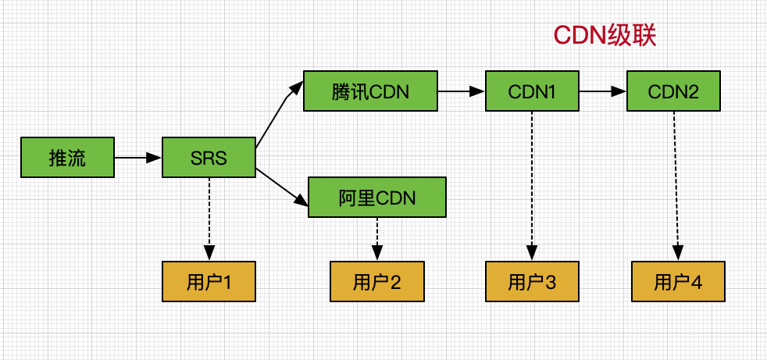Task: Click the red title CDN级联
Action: click(x=605, y=35)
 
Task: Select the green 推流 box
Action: click(x=67, y=157)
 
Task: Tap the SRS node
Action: click(x=209, y=157)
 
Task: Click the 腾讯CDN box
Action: click(x=370, y=91)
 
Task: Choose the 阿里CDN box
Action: click(x=377, y=197)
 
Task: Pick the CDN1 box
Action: click(x=532, y=91)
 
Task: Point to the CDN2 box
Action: click(x=673, y=91)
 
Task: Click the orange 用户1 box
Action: click(x=209, y=281)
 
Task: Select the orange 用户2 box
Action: click(x=377, y=281)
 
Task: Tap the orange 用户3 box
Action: click(x=532, y=281)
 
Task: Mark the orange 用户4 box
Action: click(x=678, y=281)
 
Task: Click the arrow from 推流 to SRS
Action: click(x=138, y=158)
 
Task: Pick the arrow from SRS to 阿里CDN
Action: click(x=282, y=186)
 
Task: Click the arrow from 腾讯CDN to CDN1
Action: click(x=462, y=91)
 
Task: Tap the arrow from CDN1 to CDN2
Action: click(x=603, y=91)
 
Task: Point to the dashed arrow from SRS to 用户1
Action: click(x=209, y=219)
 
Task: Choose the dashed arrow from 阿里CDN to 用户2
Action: click(x=377, y=239)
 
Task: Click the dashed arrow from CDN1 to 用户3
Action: click(x=532, y=186)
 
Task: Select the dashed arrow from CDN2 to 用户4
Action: click(x=676, y=186)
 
